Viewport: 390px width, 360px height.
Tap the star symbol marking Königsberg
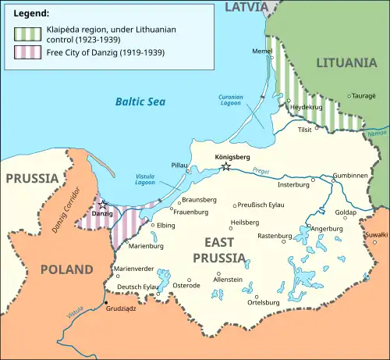tap(226, 166)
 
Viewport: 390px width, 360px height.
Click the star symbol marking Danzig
tap(102, 205)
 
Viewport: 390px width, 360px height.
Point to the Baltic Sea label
tap(137, 101)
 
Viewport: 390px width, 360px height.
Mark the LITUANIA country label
tap(348, 61)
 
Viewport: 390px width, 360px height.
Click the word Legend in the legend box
tap(30, 14)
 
